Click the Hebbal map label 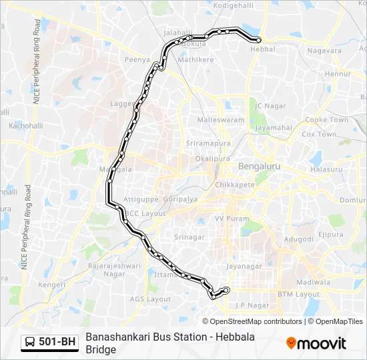tap(263, 49)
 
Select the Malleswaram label tap(222, 120)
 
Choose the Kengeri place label tap(53, 284)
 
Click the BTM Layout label tap(298, 294)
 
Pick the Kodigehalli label tap(234, 5)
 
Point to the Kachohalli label tap(25, 125)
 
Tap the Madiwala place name tap(314, 282)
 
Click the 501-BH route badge tap(50, 343)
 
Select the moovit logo tap(316, 343)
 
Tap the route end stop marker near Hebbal tap(258, 40)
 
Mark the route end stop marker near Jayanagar tap(227, 289)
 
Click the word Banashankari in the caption tap(116, 337)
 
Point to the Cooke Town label tap(327, 120)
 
